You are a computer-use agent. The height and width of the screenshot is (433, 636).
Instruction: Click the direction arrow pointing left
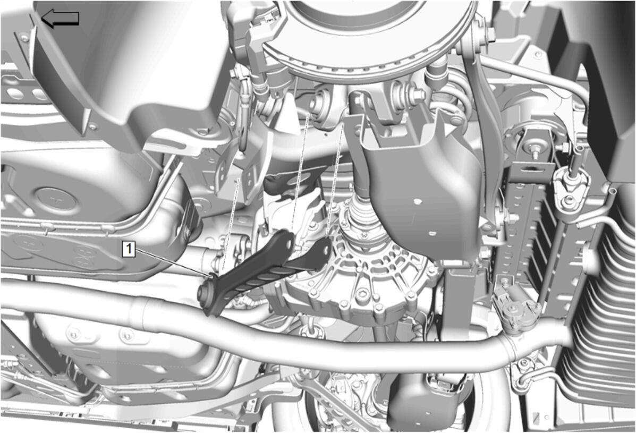click(60, 19)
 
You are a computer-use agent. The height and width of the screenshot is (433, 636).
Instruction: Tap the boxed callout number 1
click(130, 248)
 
